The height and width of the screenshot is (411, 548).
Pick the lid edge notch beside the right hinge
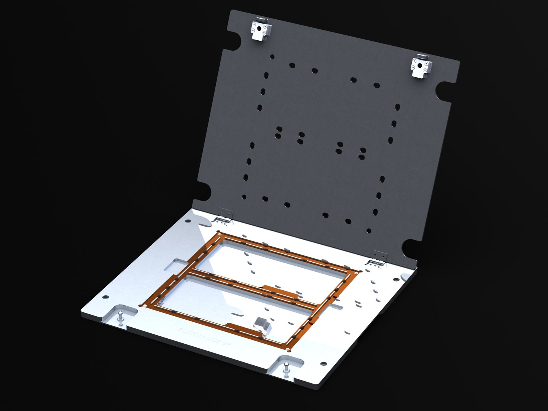click(x=410, y=249)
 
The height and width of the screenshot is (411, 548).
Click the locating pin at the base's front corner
click(x=286, y=369)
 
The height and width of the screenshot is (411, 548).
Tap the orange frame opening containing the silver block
click(x=232, y=304)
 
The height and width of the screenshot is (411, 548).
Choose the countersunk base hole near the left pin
click(x=105, y=297)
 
